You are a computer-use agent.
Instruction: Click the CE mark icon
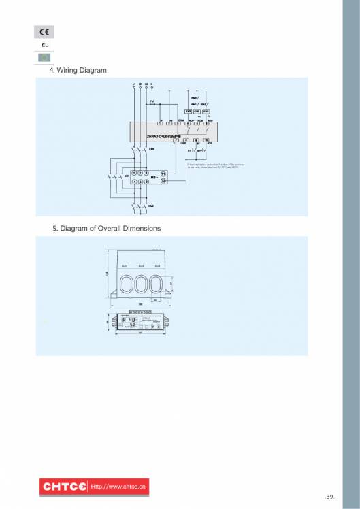click(x=44, y=32)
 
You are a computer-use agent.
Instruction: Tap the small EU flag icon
click(x=44, y=57)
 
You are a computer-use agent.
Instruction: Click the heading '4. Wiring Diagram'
click(x=78, y=71)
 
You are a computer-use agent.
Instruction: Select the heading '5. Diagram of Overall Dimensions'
click(x=107, y=228)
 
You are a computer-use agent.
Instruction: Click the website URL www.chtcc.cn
click(x=120, y=487)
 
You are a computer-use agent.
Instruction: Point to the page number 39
click(x=331, y=497)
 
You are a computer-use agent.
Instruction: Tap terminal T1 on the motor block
click(x=164, y=174)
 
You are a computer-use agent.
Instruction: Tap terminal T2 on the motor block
click(x=164, y=181)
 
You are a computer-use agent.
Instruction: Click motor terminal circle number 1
click(x=133, y=174)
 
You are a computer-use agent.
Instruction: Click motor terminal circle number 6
click(x=146, y=182)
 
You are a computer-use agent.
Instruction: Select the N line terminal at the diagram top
click(x=151, y=84)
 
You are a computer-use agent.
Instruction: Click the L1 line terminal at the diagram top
click(x=135, y=84)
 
